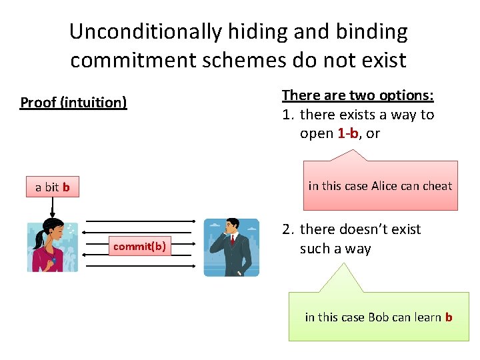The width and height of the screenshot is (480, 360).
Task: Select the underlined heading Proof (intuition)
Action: point(73,103)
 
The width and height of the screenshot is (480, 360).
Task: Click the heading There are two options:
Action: point(358,95)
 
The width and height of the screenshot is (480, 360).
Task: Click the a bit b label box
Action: point(53,187)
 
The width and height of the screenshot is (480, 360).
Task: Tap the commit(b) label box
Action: point(139,247)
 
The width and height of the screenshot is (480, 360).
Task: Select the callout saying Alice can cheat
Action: point(380,186)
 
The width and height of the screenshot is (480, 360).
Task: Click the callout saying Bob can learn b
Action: point(378,317)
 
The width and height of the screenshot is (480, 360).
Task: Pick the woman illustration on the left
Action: point(53,246)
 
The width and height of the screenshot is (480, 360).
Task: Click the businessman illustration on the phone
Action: point(231,247)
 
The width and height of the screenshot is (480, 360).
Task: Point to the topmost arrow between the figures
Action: point(140,220)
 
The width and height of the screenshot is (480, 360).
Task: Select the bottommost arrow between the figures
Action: point(140,267)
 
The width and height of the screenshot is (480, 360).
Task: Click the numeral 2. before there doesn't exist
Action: point(288,229)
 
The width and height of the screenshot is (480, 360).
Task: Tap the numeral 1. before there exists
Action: point(288,115)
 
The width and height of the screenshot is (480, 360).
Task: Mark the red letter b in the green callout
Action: point(449,317)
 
